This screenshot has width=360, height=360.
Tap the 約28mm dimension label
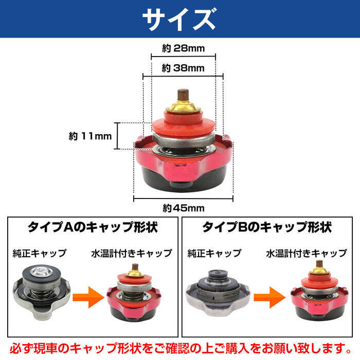[183, 49]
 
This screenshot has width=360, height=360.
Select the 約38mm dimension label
[183, 68]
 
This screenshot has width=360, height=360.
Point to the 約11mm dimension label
[90, 136]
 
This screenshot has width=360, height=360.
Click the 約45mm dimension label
[184, 208]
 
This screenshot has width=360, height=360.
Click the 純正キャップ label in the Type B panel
[214, 253]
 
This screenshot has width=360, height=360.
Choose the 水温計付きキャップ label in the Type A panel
[132, 253]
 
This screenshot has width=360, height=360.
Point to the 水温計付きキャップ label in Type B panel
[307, 253]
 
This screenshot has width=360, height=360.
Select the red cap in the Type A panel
[132, 295]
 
